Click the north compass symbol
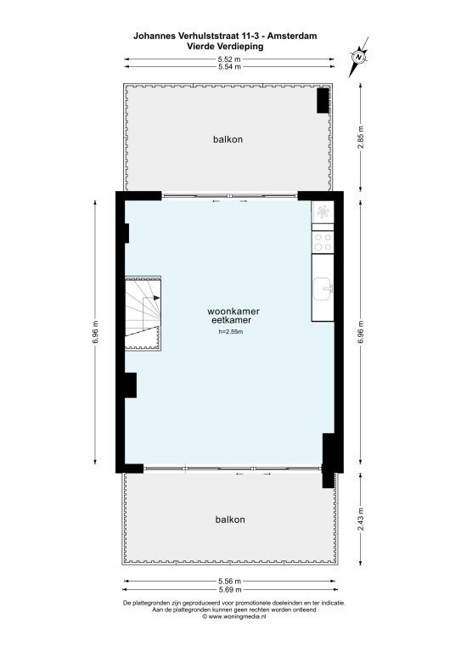coord(358,57)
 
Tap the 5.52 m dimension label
coord(229,59)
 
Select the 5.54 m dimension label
coord(229,66)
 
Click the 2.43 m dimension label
coord(361,519)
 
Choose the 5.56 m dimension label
coord(229,582)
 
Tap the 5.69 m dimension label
coord(229,590)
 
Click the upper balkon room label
coord(228,139)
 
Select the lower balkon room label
coord(230,520)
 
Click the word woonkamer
coord(233,311)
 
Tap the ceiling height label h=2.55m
coord(231,332)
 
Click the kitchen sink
coord(323,289)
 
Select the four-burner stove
coord(323,243)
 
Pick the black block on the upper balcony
coord(323,100)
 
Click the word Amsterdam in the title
coord(292,37)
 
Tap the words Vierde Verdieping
coord(225,46)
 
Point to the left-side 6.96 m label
coord(95,333)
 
